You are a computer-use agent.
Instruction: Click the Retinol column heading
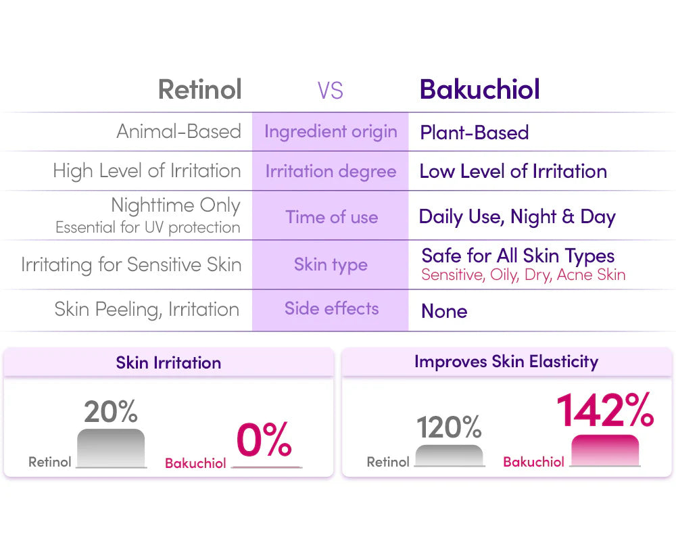coord(199,89)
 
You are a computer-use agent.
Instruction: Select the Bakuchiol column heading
coord(479,89)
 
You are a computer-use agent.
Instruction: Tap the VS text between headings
coord(330,91)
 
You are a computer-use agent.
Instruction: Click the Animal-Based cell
coord(178,131)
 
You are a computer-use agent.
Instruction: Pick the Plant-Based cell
coord(474,133)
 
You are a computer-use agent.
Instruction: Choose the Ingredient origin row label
coord(331,131)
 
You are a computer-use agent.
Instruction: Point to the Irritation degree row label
coord(331,171)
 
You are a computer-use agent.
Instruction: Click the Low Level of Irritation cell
coord(512,171)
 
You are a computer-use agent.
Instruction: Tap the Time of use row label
coord(331,217)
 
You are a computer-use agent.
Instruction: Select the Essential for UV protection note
coord(147,228)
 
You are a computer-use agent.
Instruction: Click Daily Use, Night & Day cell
coord(517,217)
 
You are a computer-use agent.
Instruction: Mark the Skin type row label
coord(331,264)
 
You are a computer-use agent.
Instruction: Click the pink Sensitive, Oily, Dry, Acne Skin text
coord(523,275)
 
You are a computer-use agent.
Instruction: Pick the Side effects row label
coord(331,309)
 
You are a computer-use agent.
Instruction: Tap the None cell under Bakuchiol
coord(444,311)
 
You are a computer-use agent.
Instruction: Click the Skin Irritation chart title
coord(168,362)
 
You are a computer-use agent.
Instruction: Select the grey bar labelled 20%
coord(111,447)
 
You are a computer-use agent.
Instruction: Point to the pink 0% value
coord(264,440)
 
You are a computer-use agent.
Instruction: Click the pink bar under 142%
coord(605,450)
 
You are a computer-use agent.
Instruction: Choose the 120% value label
coord(449,427)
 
